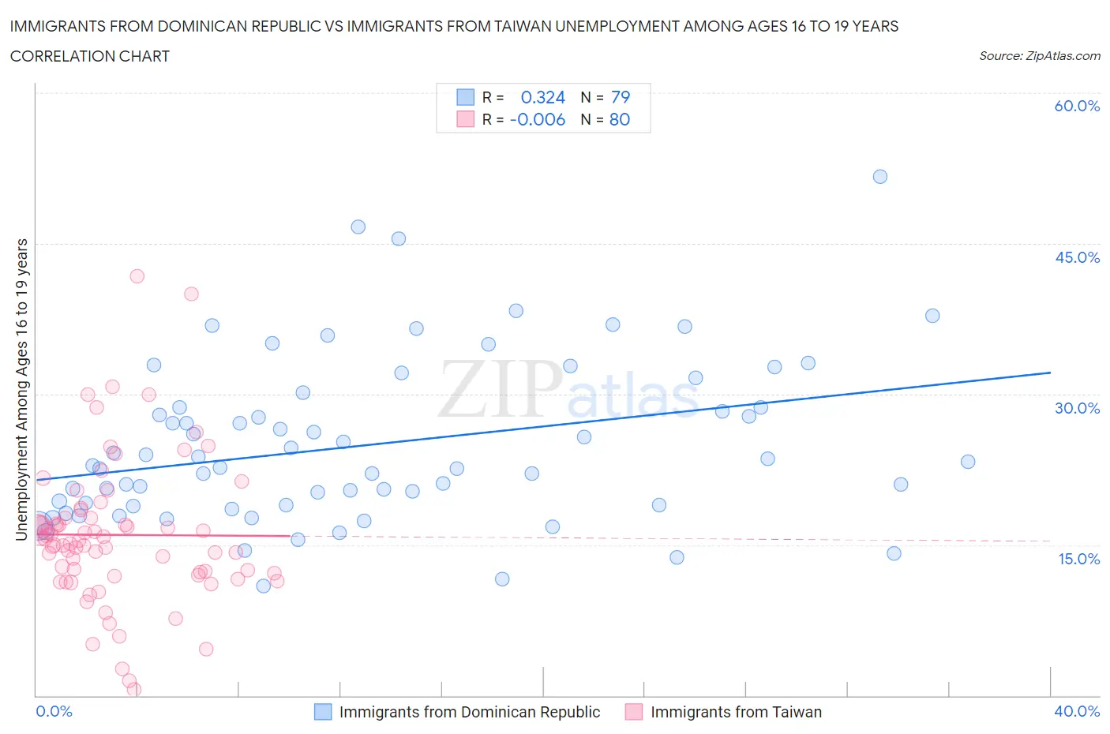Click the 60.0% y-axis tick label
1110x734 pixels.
click(x=1077, y=106)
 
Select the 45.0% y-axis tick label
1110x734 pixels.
click(x=1077, y=257)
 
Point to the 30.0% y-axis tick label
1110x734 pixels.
click(x=1077, y=408)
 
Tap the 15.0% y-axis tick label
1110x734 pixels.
click(x=1077, y=559)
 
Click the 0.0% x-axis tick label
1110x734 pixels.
click(x=54, y=711)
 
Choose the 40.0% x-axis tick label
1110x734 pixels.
click(x=1077, y=711)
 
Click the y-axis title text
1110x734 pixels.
click(x=21, y=389)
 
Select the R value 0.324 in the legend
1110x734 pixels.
click(x=543, y=97)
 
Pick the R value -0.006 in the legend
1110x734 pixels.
click(x=538, y=119)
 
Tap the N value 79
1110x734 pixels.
click(x=621, y=97)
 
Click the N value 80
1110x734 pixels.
click(x=620, y=119)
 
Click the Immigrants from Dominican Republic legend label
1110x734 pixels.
click(x=470, y=712)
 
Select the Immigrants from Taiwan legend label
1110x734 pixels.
click(x=736, y=712)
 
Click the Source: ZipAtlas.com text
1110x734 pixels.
click(x=1039, y=55)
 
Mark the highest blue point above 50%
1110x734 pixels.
click(x=880, y=177)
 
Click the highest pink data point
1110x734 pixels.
click(x=137, y=276)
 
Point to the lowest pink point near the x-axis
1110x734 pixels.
click(x=134, y=690)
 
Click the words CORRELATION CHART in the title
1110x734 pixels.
click(x=90, y=56)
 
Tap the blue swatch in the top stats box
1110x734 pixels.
click(x=466, y=97)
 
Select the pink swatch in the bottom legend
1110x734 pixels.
click(x=633, y=712)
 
